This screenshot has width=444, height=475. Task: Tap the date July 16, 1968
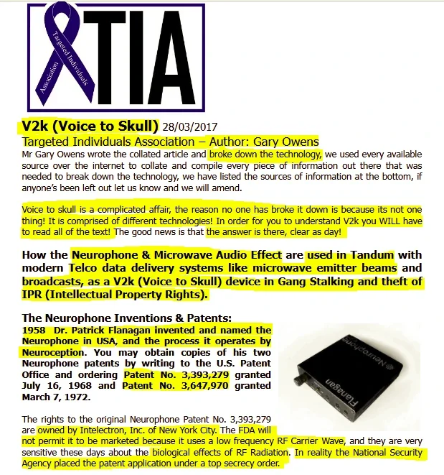coord(55,386)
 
